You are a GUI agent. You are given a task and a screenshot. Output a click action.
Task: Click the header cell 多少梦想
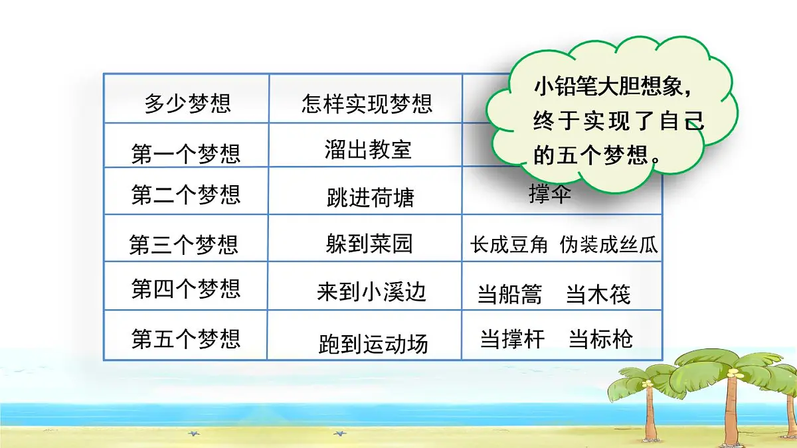(187, 104)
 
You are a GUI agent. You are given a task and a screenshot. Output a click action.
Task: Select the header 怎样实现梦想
(367, 104)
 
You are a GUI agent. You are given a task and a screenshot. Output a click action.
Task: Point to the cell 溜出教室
(369, 149)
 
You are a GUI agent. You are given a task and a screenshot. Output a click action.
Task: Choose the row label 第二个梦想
(186, 195)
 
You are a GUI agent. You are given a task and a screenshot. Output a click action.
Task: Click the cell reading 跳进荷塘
(371, 197)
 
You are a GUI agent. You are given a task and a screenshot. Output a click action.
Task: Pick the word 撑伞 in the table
(550, 194)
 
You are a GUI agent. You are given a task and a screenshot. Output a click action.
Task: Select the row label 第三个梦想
(184, 246)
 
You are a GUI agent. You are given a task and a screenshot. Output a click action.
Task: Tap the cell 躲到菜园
(369, 244)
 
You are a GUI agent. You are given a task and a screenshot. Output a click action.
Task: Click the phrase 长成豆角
(509, 245)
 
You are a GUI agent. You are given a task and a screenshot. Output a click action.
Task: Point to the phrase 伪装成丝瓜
(608, 245)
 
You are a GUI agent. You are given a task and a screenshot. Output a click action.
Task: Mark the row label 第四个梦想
(186, 289)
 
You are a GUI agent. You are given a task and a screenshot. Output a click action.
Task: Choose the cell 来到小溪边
(371, 291)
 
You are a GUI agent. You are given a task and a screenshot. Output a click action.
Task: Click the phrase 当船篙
(510, 295)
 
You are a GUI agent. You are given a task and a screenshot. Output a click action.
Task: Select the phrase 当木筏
(598, 294)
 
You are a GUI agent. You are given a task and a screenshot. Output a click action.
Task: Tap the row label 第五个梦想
(186, 339)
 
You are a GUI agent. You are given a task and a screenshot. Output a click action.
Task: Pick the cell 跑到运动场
(373, 344)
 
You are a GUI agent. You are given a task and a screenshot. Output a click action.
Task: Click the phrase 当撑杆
(512, 339)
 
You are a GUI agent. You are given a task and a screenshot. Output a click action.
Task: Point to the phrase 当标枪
(600, 339)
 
